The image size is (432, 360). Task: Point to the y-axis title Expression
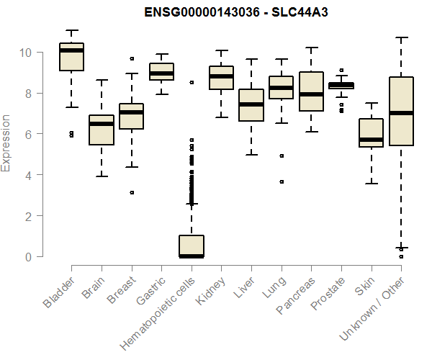pyautogui.click(x=6, y=143)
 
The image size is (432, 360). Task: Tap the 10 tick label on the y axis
pyautogui.click(x=27, y=53)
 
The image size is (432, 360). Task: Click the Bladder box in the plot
pyautogui.click(x=71, y=58)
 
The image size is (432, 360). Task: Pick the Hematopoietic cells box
pyautogui.click(x=191, y=246)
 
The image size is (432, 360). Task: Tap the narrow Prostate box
pyautogui.click(x=341, y=86)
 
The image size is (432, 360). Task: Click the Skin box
pyautogui.click(x=371, y=132)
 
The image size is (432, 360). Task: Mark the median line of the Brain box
pyautogui.click(x=101, y=124)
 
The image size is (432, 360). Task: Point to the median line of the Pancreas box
pyautogui.click(x=311, y=94)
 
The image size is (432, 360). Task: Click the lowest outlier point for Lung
pyautogui.click(x=282, y=182)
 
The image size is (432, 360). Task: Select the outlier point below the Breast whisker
pyautogui.click(x=131, y=192)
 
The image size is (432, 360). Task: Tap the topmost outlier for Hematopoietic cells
pyautogui.click(x=191, y=83)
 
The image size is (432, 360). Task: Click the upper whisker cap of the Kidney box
pyautogui.click(x=221, y=51)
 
